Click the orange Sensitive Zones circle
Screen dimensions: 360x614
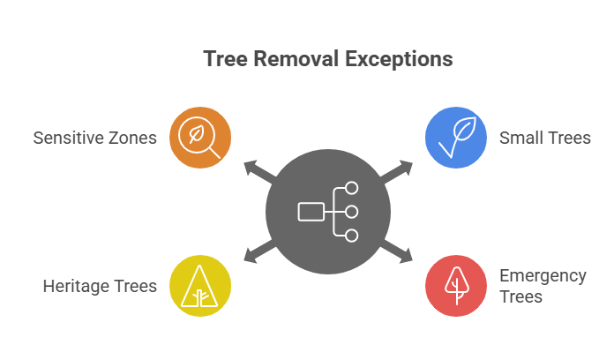pos(200,138)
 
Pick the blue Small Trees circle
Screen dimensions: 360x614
pos(456,138)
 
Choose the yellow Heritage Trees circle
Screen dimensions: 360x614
pos(200,286)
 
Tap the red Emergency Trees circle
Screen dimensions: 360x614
pos(456,286)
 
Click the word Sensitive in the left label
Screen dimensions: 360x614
pos(68,138)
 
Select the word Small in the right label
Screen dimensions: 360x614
pos(520,138)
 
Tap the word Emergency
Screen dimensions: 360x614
pos(543,276)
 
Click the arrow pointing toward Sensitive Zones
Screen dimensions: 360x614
pos(256,169)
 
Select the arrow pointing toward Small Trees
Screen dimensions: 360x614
pos(401,169)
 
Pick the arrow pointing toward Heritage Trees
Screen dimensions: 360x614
pos(256,254)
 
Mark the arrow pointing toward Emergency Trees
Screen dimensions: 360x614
pos(401,254)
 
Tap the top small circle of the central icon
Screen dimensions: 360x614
pos(351,188)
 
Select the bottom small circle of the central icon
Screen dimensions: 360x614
pos(351,236)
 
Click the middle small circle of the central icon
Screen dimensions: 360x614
pos(351,212)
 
